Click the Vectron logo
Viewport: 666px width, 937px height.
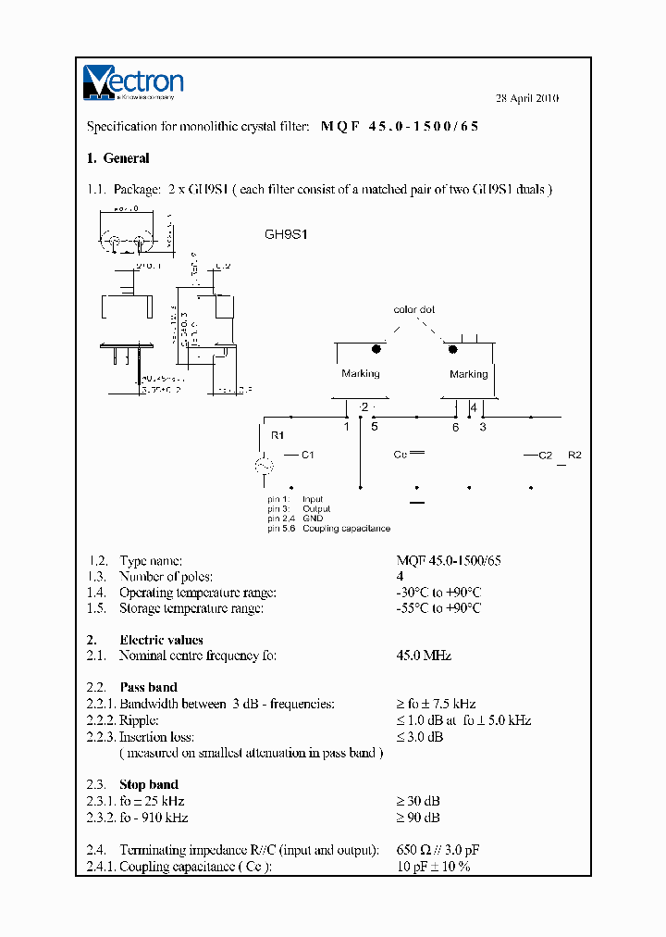click(133, 81)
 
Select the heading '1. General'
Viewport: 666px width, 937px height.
click(117, 158)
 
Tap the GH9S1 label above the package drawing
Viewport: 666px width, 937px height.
click(286, 234)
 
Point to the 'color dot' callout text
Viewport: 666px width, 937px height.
click(413, 310)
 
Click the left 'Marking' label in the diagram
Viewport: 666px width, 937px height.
click(360, 373)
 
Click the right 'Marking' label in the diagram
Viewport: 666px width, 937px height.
click(468, 374)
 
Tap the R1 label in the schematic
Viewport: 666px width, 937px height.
click(277, 434)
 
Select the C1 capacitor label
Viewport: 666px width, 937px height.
click(307, 455)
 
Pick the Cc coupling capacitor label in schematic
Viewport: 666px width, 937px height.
click(401, 455)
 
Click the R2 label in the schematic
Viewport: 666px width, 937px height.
click(574, 455)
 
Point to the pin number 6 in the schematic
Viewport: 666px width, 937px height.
click(455, 427)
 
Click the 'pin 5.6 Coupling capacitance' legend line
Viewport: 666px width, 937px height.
click(328, 529)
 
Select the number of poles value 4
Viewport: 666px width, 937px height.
click(401, 577)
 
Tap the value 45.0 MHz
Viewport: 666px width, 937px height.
click(424, 656)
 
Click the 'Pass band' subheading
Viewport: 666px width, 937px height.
click(148, 687)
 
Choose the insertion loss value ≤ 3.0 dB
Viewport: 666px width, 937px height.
click(419, 737)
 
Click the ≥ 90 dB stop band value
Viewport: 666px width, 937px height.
click(417, 818)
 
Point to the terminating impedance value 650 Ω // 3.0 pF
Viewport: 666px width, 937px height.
click(438, 850)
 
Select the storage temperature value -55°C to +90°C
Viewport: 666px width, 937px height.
click(438, 608)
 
